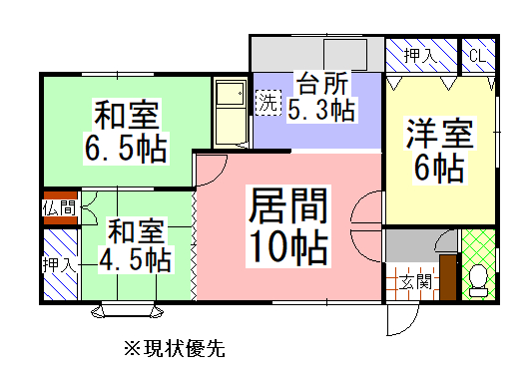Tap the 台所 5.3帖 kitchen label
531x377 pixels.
coord(320,96)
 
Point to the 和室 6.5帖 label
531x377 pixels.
coord(126,130)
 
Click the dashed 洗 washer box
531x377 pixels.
coord(267,101)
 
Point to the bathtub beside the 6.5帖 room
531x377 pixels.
coord(231,112)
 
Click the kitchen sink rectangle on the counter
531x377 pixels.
coord(345,53)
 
